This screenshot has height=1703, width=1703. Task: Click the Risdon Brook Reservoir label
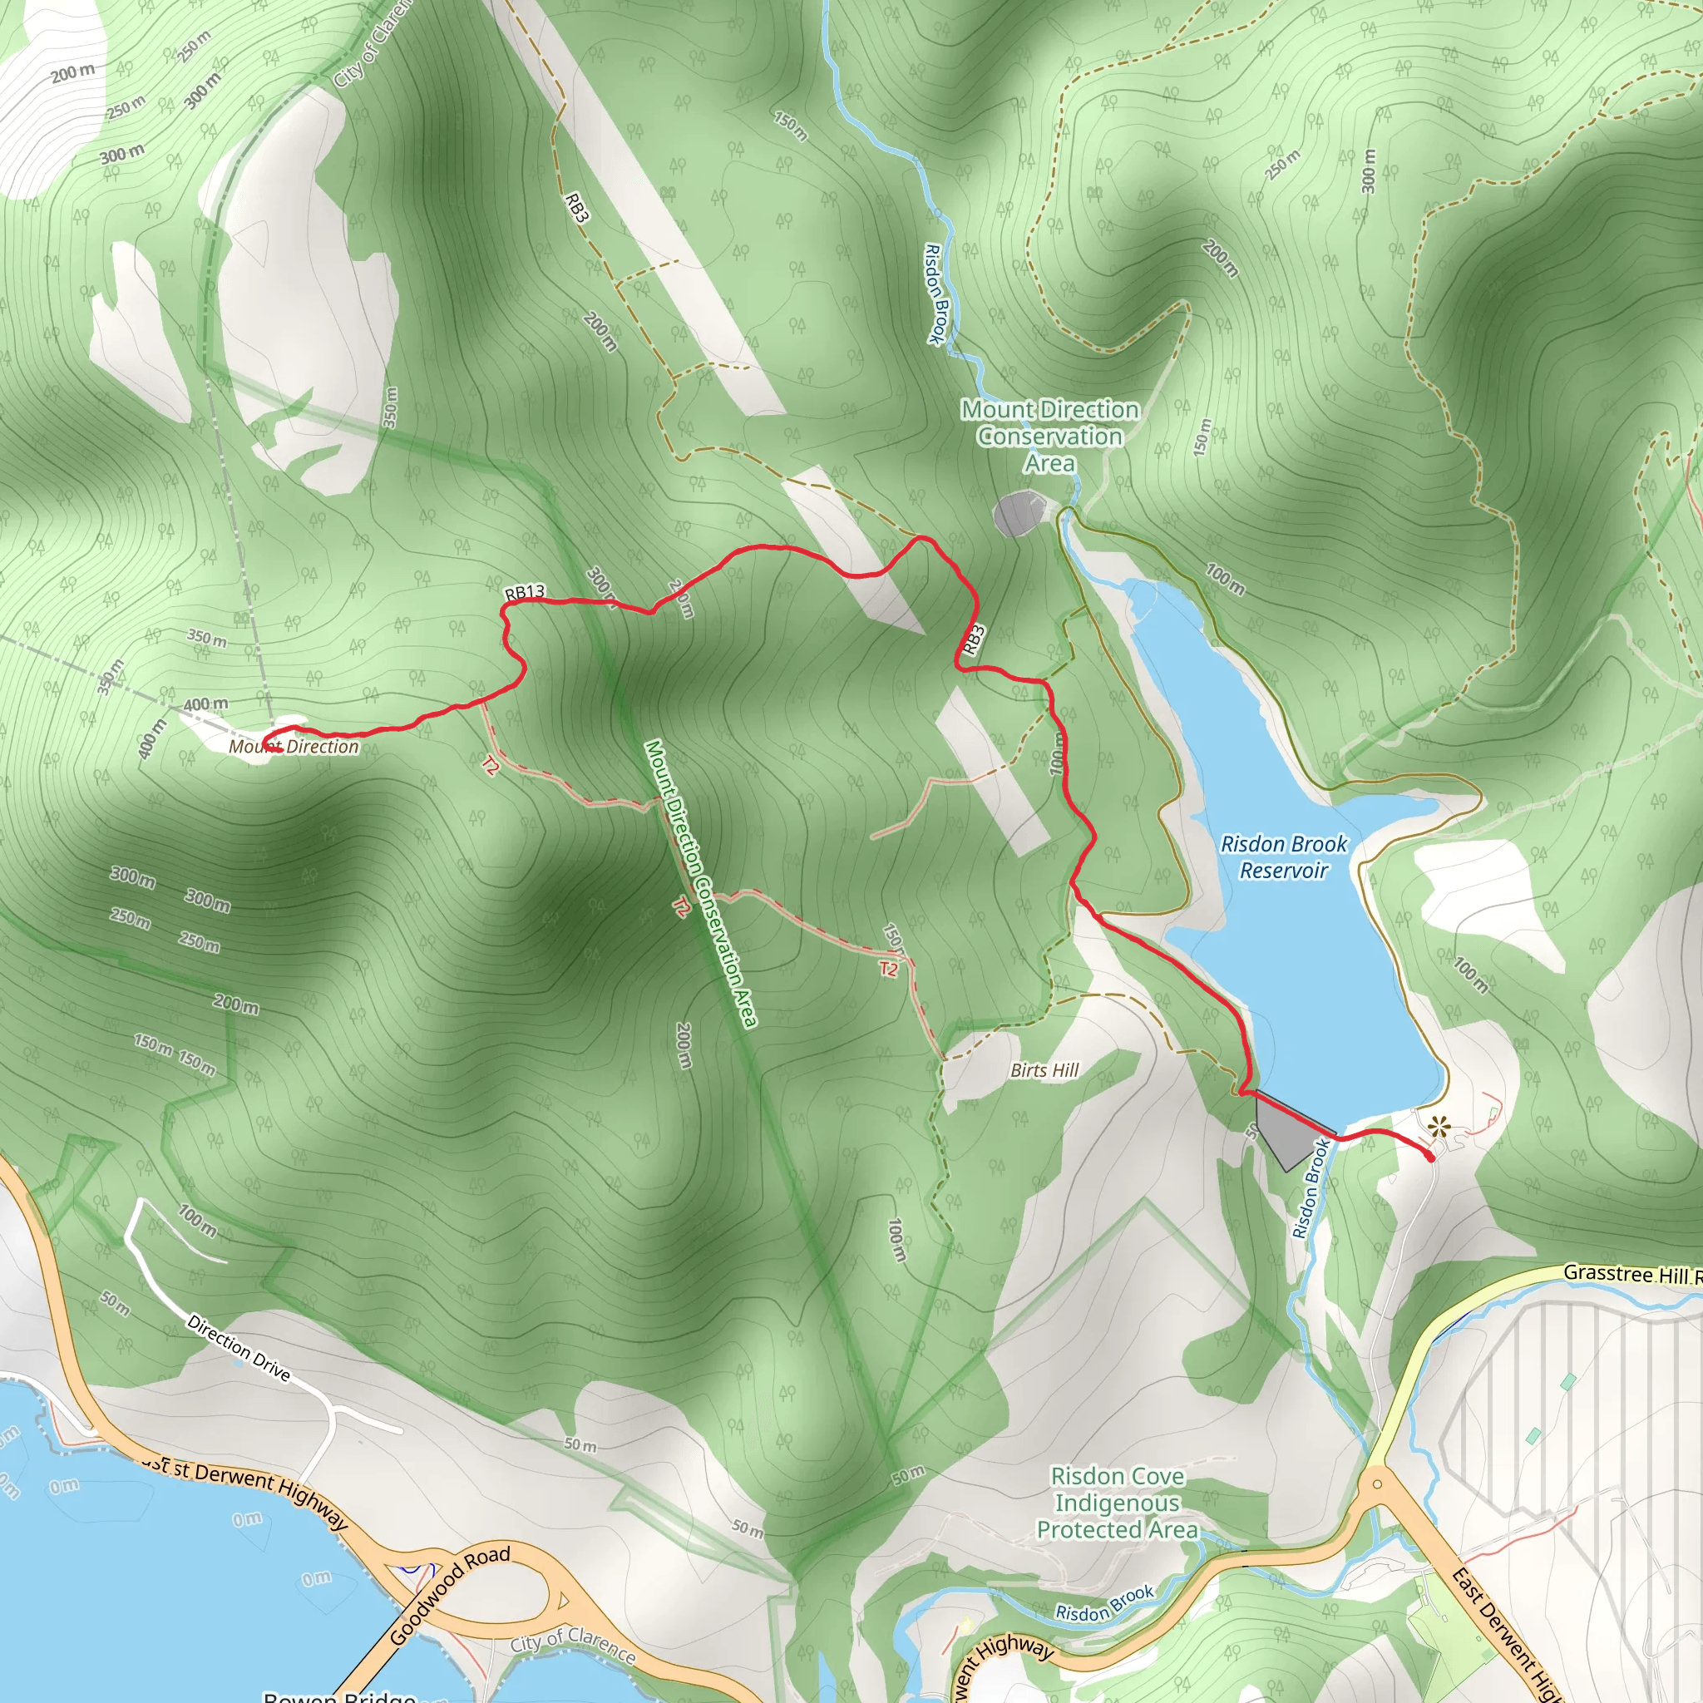click(1283, 856)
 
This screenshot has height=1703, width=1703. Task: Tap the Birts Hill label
click(1044, 1070)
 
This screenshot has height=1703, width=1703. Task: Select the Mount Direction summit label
click(294, 747)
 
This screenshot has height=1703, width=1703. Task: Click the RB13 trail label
click(525, 592)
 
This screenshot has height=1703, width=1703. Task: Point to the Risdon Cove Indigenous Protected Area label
click(1117, 1503)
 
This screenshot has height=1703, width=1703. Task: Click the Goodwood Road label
click(450, 1595)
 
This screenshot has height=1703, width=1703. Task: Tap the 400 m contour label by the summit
click(205, 705)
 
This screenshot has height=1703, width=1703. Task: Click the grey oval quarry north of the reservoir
click(1019, 515)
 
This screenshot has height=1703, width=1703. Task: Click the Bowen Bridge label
click(339, 1695)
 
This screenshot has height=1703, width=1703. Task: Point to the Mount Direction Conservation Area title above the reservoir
click(1050, 437)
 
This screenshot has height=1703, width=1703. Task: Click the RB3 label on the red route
click(973, 640)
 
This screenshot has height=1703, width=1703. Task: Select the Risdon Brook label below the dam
click(1310, 1189)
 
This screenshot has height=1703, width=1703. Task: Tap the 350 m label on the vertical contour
click(391, 407)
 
